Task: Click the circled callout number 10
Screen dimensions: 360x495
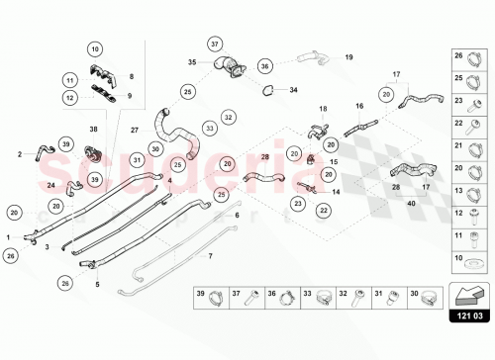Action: pyautogui.click(x=95, y=48)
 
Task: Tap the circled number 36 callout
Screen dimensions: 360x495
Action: pyautogui.click(x=265, y=66)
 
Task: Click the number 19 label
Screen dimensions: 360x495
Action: pyautogui.click(x=348, y=57)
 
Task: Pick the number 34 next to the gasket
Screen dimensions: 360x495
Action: pyautogui.click(x=293, y=90)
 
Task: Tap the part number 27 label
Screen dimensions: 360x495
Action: pyautogui.click(x=134, y=129)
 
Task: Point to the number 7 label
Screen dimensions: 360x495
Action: pyautogui.click(x=209, y=255)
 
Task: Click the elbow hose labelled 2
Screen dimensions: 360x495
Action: pyautogui.click(x=41, y=150)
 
